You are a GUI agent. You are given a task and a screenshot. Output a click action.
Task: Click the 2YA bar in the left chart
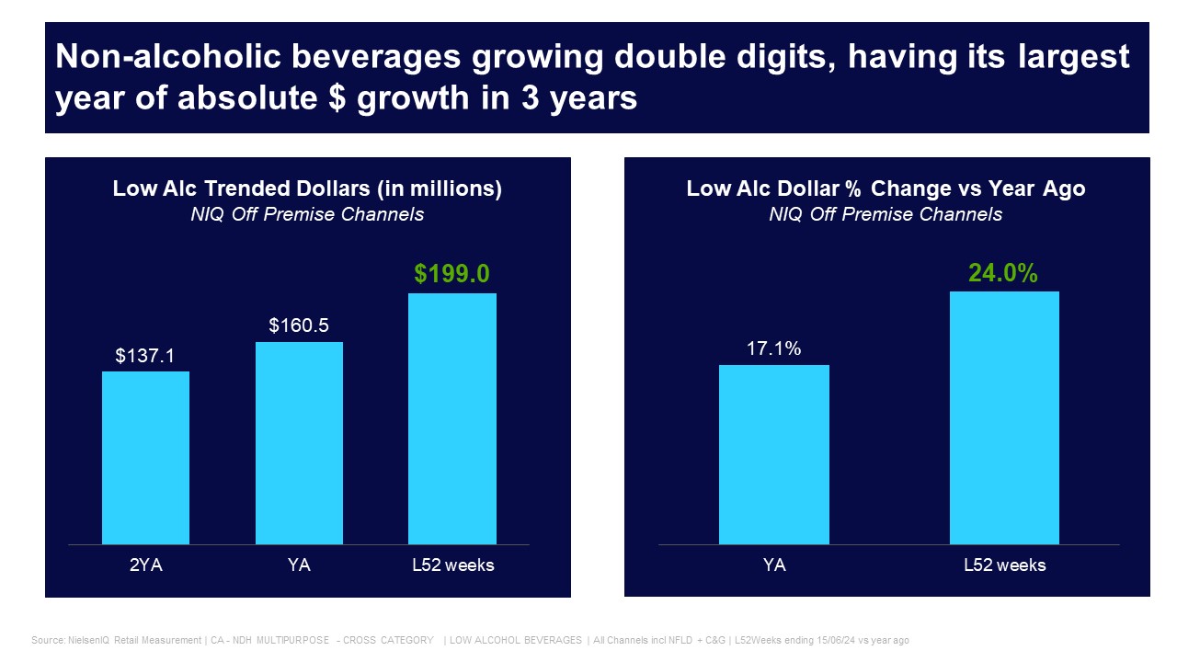[145, 458]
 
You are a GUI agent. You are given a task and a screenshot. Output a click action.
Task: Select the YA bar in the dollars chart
[299, 443]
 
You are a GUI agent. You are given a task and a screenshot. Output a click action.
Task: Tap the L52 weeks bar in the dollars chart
[452, 418]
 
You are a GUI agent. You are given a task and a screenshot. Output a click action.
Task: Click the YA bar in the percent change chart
[774, 454]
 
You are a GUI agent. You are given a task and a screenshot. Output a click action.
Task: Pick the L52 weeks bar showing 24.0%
[1004, 417]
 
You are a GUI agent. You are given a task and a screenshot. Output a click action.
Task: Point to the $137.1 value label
[145, 355]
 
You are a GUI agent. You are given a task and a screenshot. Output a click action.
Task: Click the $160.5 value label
[299, 325]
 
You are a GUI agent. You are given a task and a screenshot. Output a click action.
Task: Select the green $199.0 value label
[451, 274]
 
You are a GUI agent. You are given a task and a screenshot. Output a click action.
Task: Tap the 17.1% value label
[774, 348]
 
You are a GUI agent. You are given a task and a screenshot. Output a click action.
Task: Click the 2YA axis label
[145, 565]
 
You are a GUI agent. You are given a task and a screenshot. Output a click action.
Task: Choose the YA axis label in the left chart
[299, 565]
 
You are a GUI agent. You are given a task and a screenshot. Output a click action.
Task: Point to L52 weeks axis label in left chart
[452, 565]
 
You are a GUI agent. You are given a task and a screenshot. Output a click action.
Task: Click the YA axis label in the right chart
[774, 565]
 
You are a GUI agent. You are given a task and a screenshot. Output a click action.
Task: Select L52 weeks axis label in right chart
[1004, 565]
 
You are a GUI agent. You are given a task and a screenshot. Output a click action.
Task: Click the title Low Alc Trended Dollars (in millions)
[307, 188]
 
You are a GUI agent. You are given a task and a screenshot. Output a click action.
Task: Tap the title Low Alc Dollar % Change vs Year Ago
[886, 188]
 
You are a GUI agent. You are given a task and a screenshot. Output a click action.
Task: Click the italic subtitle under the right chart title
[886, 214]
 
